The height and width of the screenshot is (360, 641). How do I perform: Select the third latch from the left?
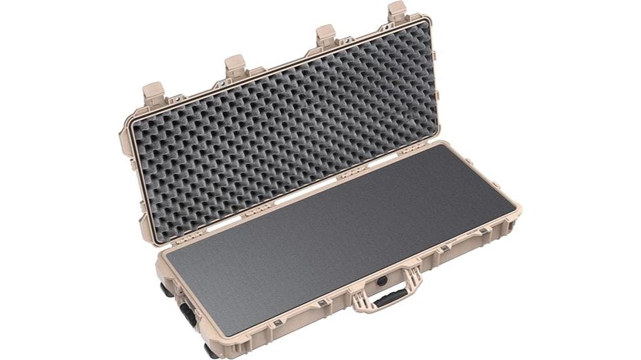(325, 35)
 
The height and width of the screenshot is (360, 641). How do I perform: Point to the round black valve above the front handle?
(381, 281)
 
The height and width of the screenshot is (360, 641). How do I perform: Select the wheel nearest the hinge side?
(166, 289)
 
